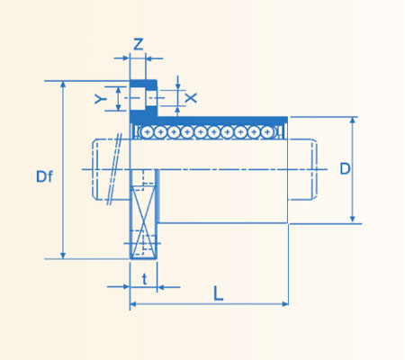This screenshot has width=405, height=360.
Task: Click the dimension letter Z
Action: point(138,43)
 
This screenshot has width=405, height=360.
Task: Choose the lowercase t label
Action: point(144,278)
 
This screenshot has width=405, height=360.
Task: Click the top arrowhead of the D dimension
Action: point(353,121)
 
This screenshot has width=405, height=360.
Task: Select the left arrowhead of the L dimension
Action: point(135,305)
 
